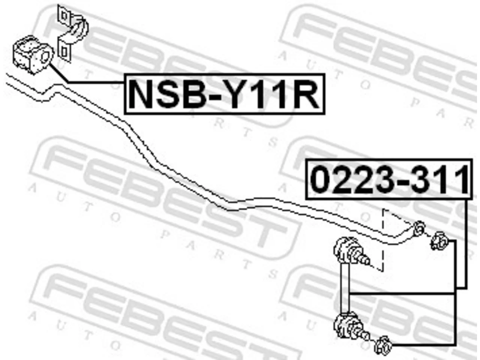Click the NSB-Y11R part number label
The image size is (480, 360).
pyautogui.click(x=224, y=94)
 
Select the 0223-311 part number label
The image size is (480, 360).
pyautogui.click(x=389, y=179)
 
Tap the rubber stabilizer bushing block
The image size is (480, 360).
pyautogui.click(x=33, y=55)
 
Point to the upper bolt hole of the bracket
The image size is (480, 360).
pyautogui.click(x=64, y=16)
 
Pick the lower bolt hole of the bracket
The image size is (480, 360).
pyautogui.click(x=64, y=52)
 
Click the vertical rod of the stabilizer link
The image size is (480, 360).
pyautogui.click(x=345, y=288)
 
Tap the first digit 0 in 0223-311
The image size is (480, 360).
pyautogui.click(x=321, y=179)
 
